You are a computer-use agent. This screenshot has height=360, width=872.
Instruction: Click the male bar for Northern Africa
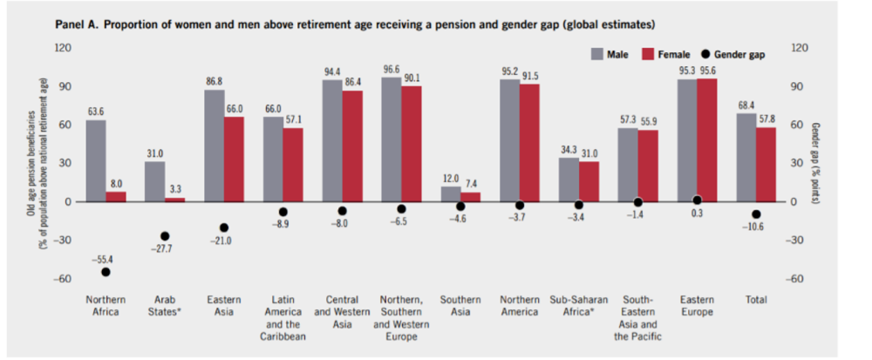point(96,160)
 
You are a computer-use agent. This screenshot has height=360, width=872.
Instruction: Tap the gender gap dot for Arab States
point(165,236)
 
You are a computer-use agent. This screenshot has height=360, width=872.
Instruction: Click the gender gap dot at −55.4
point(106,272)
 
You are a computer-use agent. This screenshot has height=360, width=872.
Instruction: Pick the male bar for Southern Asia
point(451,194)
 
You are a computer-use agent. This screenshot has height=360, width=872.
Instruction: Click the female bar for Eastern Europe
point(707,140)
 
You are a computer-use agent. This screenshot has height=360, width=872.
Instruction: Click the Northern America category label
point(520,306)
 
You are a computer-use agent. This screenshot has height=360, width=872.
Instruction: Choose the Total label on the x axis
point(756,300)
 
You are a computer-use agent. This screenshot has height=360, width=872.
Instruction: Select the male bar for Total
point(746,158)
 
